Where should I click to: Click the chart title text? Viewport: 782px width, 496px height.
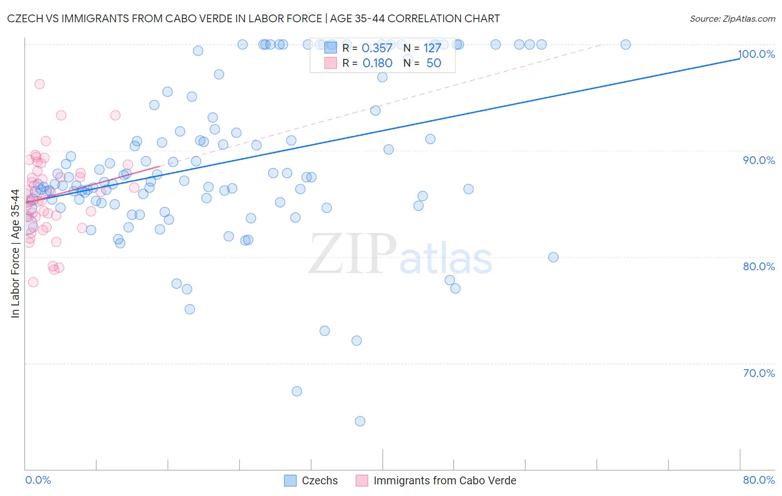pos(253,18)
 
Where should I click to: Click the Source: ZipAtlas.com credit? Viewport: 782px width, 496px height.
pos(732,18)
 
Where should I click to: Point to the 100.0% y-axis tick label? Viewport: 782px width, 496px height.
pos(756,54)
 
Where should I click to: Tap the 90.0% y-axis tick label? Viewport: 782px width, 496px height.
pos(759,160)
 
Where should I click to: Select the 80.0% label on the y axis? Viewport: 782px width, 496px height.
pos(759,266)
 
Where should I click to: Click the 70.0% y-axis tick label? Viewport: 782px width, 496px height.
pos(759,373)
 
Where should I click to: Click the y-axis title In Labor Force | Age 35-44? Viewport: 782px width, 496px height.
pos(15,254)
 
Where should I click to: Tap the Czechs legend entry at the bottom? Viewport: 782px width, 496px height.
pos(319,480)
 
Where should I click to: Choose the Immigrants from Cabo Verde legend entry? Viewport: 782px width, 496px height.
pos(444,480)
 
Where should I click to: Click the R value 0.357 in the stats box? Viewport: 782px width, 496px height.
pos(377,48)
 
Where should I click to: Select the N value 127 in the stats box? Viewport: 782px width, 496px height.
pos(432,48)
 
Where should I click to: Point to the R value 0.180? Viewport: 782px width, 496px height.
pos(377,63)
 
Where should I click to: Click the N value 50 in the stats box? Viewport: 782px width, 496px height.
pos(433,63)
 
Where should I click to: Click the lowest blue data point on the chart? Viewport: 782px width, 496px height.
pos(360,421)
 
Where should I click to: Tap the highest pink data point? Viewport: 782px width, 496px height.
pos(39,84)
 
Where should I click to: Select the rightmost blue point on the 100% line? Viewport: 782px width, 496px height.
pos(626,44)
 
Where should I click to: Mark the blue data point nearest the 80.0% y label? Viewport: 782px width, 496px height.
pos(553,257)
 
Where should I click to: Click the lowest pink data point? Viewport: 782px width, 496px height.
pos(33,282)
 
